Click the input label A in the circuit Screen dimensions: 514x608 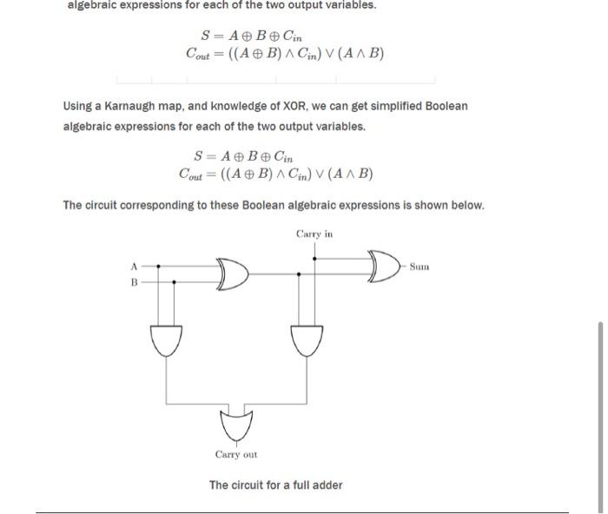click(134, 266)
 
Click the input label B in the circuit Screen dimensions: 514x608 click(134, 282)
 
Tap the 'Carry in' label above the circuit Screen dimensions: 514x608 click(314, 234)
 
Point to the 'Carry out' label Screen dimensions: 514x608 click(236, 454)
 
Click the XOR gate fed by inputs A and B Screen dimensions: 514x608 click(232, 273)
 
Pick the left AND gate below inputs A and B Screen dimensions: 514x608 click(166, 339)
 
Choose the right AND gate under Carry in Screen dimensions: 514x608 click(307, 339)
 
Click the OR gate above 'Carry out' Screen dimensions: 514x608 click(236, 425)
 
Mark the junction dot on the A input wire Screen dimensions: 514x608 click(157, 266)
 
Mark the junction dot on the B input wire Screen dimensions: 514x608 click(175, 282)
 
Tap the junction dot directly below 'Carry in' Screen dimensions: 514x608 click(314, 257)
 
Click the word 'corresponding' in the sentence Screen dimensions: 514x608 click(157, 206)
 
